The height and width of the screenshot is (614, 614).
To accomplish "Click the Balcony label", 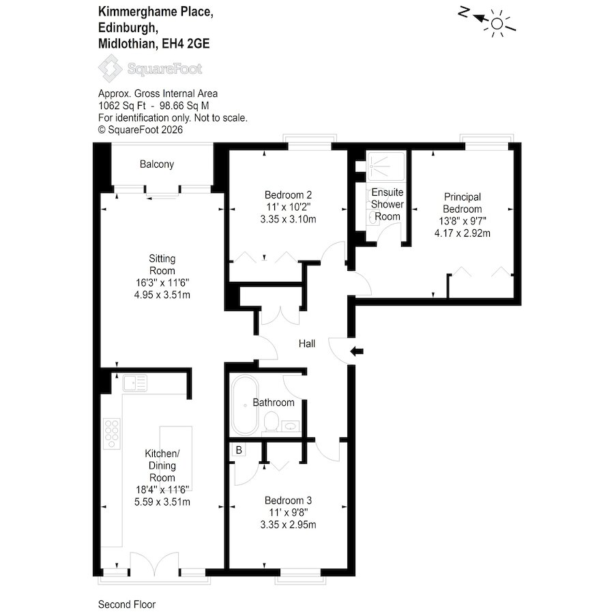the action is coord(157,164).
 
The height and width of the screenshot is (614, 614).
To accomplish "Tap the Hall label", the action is coord(306,343).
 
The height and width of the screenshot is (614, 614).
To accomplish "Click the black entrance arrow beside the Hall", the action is coord(356,351).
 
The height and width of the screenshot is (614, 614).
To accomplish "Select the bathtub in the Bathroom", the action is coord(245,405).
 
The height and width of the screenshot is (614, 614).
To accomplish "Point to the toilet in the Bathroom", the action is coord(272,422).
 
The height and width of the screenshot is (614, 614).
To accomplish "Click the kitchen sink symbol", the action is coord(135,383).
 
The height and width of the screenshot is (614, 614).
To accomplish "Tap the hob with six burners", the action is coord(112,434).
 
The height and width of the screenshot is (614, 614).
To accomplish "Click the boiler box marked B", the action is coord(239,450).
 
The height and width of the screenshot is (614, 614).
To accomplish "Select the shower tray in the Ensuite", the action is coord(385,166).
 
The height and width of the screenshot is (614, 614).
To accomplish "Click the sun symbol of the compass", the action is coord(497,24).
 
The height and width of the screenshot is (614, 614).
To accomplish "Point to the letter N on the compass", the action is coord(464,13).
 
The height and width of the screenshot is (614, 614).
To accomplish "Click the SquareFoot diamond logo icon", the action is coord(110,68).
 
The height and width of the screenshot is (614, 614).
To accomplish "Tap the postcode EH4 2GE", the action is coord(186,44).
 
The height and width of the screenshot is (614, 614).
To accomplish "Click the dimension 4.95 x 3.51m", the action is coord(162,295).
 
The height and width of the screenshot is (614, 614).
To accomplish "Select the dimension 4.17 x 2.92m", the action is coord(462,233).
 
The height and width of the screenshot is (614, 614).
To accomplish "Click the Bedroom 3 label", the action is coord(288,500).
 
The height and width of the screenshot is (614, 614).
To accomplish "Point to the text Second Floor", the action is coord(127,604).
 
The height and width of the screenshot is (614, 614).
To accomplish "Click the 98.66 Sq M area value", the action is coord(184,106).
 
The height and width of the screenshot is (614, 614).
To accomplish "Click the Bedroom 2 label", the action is coord(288,194).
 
